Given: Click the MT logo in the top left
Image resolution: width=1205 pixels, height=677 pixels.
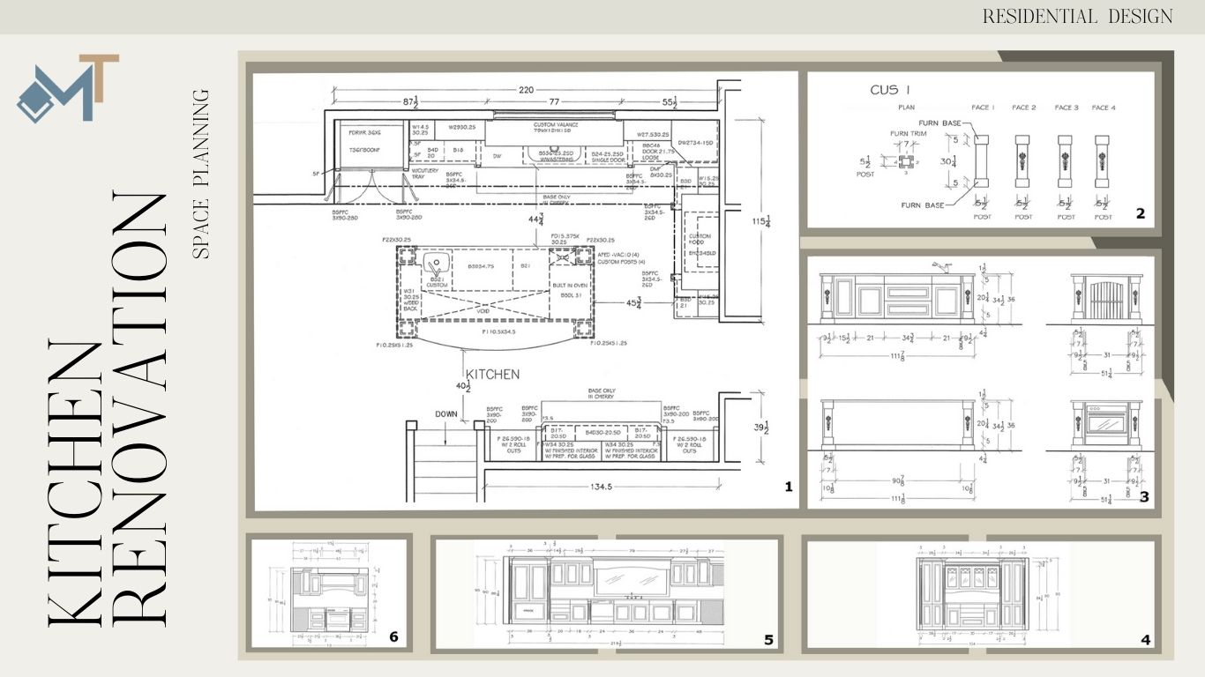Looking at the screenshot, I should click(x=67, y=88).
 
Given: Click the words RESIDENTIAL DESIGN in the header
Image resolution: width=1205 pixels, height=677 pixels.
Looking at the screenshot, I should click(x=1078, y=16).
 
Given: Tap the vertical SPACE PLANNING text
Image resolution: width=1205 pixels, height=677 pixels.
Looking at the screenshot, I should click(x=202, y=173).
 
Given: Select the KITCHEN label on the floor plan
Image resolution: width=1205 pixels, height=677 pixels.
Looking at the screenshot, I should click(x=492, y=374).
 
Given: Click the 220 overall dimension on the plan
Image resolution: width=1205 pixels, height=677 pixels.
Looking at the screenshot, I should click(x=527, y=89).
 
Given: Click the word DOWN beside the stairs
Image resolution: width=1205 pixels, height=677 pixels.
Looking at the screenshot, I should click(x=447, y=413).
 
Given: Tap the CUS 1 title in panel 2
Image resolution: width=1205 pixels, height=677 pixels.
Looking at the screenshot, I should click(x=890, y=90).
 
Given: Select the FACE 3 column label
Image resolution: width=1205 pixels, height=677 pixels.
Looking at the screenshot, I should click(x=1067, y=108).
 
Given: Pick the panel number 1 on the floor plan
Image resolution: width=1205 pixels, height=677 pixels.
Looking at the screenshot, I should click(x=788, y=487).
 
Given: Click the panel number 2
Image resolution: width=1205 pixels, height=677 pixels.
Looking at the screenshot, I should click(x=1141, y=213).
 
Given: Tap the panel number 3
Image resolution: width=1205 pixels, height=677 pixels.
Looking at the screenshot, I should click(x=1143, y=497).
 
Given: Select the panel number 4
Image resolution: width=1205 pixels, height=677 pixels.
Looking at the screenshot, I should click(x=1145, y=640).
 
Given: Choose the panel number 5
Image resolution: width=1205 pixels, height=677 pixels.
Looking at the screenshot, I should click(x=768, y=640).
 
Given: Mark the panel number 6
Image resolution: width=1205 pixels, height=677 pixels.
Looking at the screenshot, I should click(x=393, y=636).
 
